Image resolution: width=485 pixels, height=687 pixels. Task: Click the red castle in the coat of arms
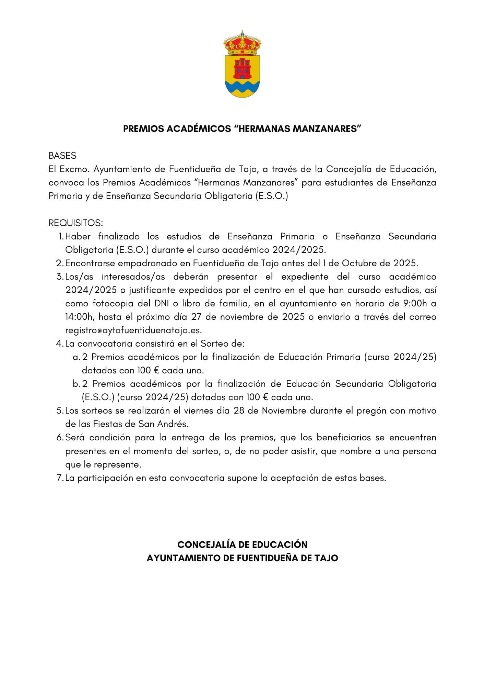click(x=242, y=69)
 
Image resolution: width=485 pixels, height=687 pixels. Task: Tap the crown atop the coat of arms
click(x=242, y=44)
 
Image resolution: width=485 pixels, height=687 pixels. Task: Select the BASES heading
click(x=62, y=156)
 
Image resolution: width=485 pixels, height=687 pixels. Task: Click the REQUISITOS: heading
click(x=75, y=223)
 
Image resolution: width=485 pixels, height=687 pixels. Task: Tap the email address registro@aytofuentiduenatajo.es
click(x=133, y=330)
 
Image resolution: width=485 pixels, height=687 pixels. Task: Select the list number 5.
click(x=60, y=411)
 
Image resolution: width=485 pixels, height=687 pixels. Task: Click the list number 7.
click(x=60, y=478)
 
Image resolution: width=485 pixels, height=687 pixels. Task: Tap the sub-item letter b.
click(x=76, y=384)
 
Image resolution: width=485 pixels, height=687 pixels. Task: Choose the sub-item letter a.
click(x=76, y=357)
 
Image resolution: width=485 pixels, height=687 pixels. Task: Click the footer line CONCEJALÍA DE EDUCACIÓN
click(x=242, y=545)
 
